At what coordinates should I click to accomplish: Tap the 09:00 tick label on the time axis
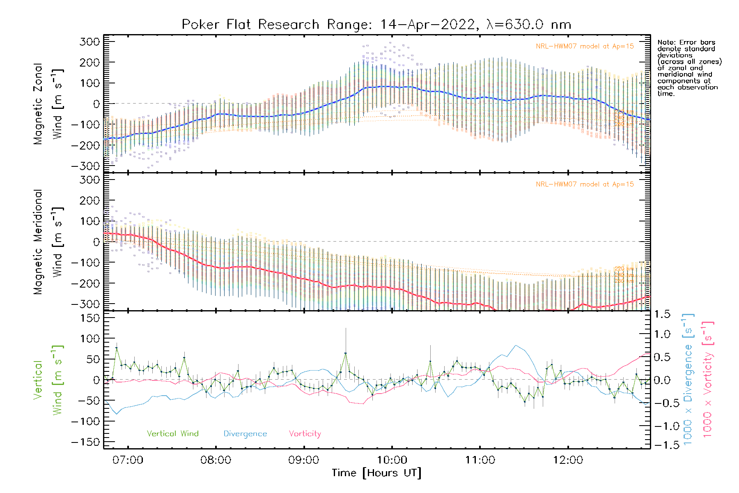point(304,460)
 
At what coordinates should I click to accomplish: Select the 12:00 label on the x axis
point(568,460)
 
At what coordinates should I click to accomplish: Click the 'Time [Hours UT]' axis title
point(376,473)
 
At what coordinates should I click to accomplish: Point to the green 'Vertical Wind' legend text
point(172,434)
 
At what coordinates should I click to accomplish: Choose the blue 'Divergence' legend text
point(245,434)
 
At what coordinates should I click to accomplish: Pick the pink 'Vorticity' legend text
point(305,434)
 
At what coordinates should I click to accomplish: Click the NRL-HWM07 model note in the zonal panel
point(585,46)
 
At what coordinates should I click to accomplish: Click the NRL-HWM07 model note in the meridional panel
point(585,184)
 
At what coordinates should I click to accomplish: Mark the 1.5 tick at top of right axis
point(662,314)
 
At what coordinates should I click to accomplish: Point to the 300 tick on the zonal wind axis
point(90,41)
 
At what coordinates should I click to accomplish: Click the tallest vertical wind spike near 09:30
point(346,353)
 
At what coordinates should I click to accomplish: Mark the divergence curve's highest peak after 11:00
point(516,346)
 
